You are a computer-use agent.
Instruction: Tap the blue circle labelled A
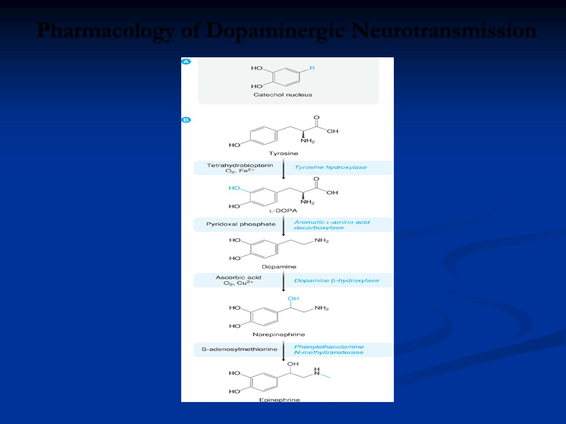click(x=186, y=62)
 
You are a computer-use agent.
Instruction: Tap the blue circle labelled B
click(x=186, y=120)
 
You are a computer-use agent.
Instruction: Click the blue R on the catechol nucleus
click(x=312, y=68)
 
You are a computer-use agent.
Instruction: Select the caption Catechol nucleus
click(x=283, y=95)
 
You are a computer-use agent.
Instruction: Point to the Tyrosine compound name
click(x=283, y=153)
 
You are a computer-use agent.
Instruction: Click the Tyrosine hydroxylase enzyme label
click(x=331, y=167)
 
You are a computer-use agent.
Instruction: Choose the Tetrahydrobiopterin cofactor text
click(x=240, y=165)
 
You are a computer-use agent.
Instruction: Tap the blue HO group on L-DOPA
click(x=234, y=188)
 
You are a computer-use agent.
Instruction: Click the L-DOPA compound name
click(x=283, y=210)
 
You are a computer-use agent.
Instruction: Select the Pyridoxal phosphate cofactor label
click(x=241, y=224)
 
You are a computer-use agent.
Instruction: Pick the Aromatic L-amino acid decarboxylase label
click(x=332, y=225)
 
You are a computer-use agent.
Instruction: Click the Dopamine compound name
click(x=279, y=267)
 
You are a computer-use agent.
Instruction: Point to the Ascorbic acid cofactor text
click(x=238, y=278)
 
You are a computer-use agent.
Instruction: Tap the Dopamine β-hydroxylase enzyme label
click(x=336, y=281)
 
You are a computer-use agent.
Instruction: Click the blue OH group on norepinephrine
click(x=293, y=299)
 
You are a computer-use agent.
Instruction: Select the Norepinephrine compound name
click(x=279, y=334)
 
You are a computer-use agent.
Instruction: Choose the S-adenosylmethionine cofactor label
click(x=239, y=349)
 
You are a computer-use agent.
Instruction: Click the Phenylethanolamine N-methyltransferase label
click(x=329, y=349)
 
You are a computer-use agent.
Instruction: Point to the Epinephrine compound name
click(x=279, y=400)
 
